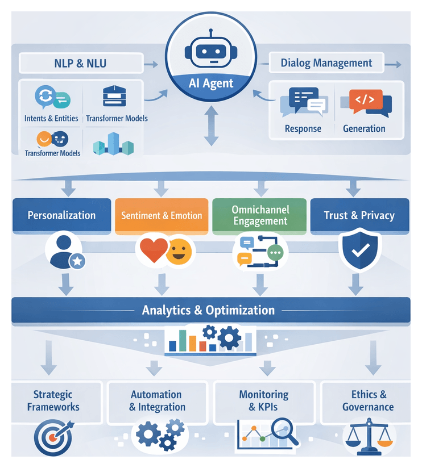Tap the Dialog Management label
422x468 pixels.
326,62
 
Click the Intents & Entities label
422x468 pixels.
51,118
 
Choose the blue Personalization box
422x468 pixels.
61,216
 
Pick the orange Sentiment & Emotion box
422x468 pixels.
162,216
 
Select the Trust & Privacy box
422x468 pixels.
359,216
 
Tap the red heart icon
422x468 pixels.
153,251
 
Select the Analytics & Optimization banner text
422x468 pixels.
208,310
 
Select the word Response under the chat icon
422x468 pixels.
303,128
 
